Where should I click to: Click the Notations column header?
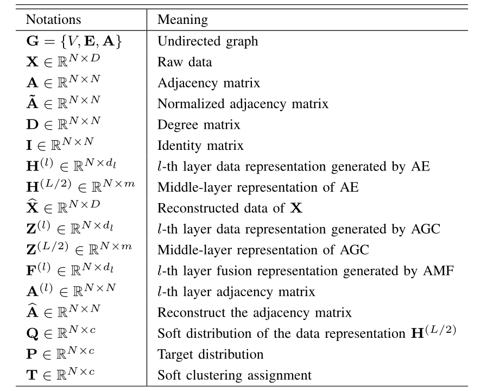pos(53,20)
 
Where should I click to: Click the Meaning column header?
pos(183,20)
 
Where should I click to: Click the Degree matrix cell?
pos(198,124)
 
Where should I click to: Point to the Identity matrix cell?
pos(200,145)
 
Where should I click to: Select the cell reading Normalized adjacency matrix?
pos(243,103)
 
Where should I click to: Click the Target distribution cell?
pos(210,354)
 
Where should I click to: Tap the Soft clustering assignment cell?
pos(235,375)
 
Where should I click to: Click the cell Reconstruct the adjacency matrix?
pos(254,312)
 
